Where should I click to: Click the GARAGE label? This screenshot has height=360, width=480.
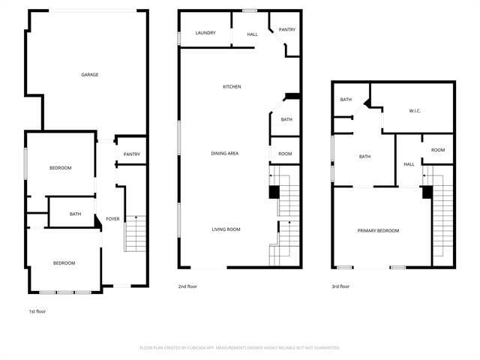coord(90,74)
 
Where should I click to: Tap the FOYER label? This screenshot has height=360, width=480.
coord(112,219)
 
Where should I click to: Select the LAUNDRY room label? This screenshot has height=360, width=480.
coord(205,33)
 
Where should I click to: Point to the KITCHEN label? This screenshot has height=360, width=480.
coord(232,87)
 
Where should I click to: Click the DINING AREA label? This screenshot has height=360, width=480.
coord(225,154)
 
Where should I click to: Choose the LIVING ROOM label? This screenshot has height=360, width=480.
coord(226,229)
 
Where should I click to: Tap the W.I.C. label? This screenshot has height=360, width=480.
coord(415,111)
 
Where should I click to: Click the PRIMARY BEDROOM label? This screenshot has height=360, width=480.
coord(378,230)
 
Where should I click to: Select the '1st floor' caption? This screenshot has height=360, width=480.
coord(37,310)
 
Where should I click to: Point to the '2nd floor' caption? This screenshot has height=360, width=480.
coord(187,286)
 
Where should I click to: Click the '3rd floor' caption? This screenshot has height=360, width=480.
coord(340,286)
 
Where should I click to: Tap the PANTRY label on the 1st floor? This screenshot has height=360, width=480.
coord(132,154)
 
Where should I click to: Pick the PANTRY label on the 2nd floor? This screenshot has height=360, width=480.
coord(286,30)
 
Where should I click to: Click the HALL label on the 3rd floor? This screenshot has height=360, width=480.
coord(409,164)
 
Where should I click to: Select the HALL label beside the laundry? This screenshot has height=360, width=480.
coord(252,34)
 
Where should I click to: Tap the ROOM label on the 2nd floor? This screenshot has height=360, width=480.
coord(285,154)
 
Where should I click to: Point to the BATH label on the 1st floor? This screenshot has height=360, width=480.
coord(76,214)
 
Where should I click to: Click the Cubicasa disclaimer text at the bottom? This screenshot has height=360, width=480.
coord(240,348)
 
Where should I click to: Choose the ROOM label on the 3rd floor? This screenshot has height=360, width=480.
coord(438,149)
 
